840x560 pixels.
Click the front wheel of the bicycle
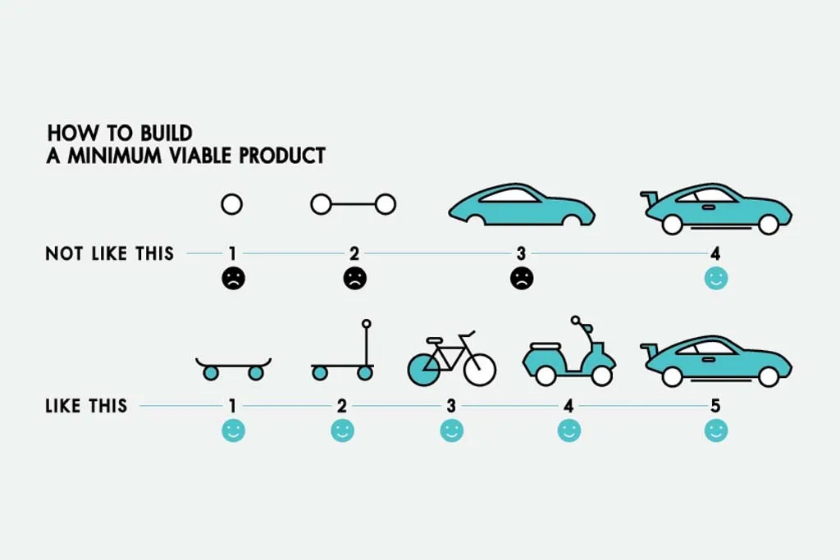pyautogui.click(x=480, y=368)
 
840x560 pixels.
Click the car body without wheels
pyautogui.click(x=521, y=205)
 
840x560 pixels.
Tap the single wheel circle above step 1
pyautogui.click(x=232, y=204)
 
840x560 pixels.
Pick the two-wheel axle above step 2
pyautogui.click(x=354, y=204)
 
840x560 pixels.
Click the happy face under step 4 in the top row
pyautogui.click(x=716, y=279)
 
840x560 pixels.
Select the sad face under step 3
pyautogui.click(x=522, y=279)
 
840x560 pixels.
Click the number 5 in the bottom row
pyautogui.click(x=716, y=405)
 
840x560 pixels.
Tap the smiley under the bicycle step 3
pyautogui.click(x=451, y=430)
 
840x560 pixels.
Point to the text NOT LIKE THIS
pyautogui.click(x=109, y=253)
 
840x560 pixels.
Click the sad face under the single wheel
pyautogui.click(x=233, y=279)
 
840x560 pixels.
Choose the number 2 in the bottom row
pyautogui.click(x=343, y=405)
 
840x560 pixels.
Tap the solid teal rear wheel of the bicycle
pyautogui.click(x=424, y=368)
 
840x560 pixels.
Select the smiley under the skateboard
pyautogui.click(x=234, y=430)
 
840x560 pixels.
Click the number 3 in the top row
pyautogui.click(x=522, y=253)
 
